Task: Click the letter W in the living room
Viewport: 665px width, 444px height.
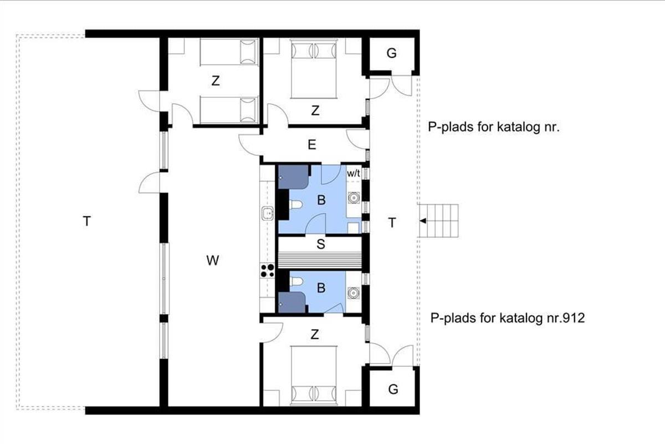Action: coord(213,260)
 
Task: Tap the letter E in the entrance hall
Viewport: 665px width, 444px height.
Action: coord(311,145)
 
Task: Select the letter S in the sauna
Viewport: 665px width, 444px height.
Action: coord(321,244)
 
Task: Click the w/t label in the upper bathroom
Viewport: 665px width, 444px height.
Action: coord(354,173)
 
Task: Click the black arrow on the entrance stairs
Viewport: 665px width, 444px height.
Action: coord(423,221)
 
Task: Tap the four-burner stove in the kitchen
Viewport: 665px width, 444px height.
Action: coord(267,270)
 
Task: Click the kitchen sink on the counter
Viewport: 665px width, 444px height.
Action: coord(268,213)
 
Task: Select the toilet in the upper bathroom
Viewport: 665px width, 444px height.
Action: coord(296,205)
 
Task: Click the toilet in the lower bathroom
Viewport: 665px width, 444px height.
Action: coord(296,281)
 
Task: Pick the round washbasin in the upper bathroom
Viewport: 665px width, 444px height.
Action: coord(354,198)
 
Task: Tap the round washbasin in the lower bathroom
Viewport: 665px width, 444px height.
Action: coord(354,292)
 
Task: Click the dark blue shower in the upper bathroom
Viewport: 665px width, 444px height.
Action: coord(293,177)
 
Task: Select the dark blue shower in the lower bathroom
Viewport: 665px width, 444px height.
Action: coord(292,302)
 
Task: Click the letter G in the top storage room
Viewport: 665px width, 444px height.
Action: coord(392,53)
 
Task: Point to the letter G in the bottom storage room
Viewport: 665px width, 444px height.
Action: coord(393,389)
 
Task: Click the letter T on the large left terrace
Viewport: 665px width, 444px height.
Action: coord(86,221)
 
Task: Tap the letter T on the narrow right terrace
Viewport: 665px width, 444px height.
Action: coord(392,223)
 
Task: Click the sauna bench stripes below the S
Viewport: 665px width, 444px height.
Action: coord(320,260)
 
